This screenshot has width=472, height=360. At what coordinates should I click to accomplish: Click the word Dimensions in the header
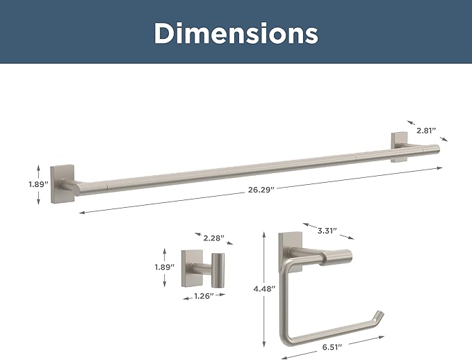point(236,33)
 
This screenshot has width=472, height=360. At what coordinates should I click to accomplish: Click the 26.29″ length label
point(261,190)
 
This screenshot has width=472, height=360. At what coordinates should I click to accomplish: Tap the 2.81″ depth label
point(426,131)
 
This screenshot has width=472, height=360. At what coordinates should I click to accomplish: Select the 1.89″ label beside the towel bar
point(38,184)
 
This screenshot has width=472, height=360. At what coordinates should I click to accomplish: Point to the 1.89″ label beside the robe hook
point(165,267)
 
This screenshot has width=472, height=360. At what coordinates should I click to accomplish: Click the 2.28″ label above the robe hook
point(214,238)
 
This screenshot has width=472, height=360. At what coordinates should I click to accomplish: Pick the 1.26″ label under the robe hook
point(204,296)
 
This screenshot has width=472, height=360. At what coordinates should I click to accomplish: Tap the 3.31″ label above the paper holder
point(327,231)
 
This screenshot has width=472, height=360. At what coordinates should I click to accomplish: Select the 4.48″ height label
point(265,289)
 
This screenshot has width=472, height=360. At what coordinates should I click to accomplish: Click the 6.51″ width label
point(332,347)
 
